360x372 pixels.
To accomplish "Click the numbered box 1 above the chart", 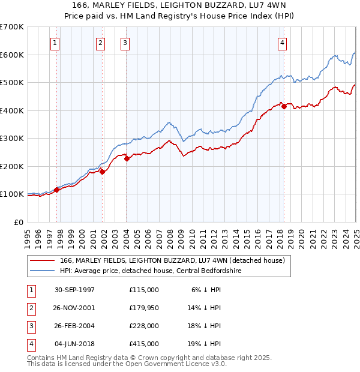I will pos(55,43).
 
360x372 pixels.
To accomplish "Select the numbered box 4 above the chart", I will pos(282,43).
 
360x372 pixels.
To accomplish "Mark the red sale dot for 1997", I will pos(57,190).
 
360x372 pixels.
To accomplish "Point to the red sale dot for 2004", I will pos(127,159).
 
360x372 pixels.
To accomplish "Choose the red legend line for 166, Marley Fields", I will pos(42,260).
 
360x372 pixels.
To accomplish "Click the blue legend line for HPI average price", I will pos(42,271).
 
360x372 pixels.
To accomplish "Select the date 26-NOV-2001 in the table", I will pos(75,308).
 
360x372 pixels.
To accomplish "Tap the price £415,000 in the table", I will pos(144,344).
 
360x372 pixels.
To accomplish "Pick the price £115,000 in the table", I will pos(144,290).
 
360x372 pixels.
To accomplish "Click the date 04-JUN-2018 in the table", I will pos(75,344).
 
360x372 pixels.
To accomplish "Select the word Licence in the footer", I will pos(193,364).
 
